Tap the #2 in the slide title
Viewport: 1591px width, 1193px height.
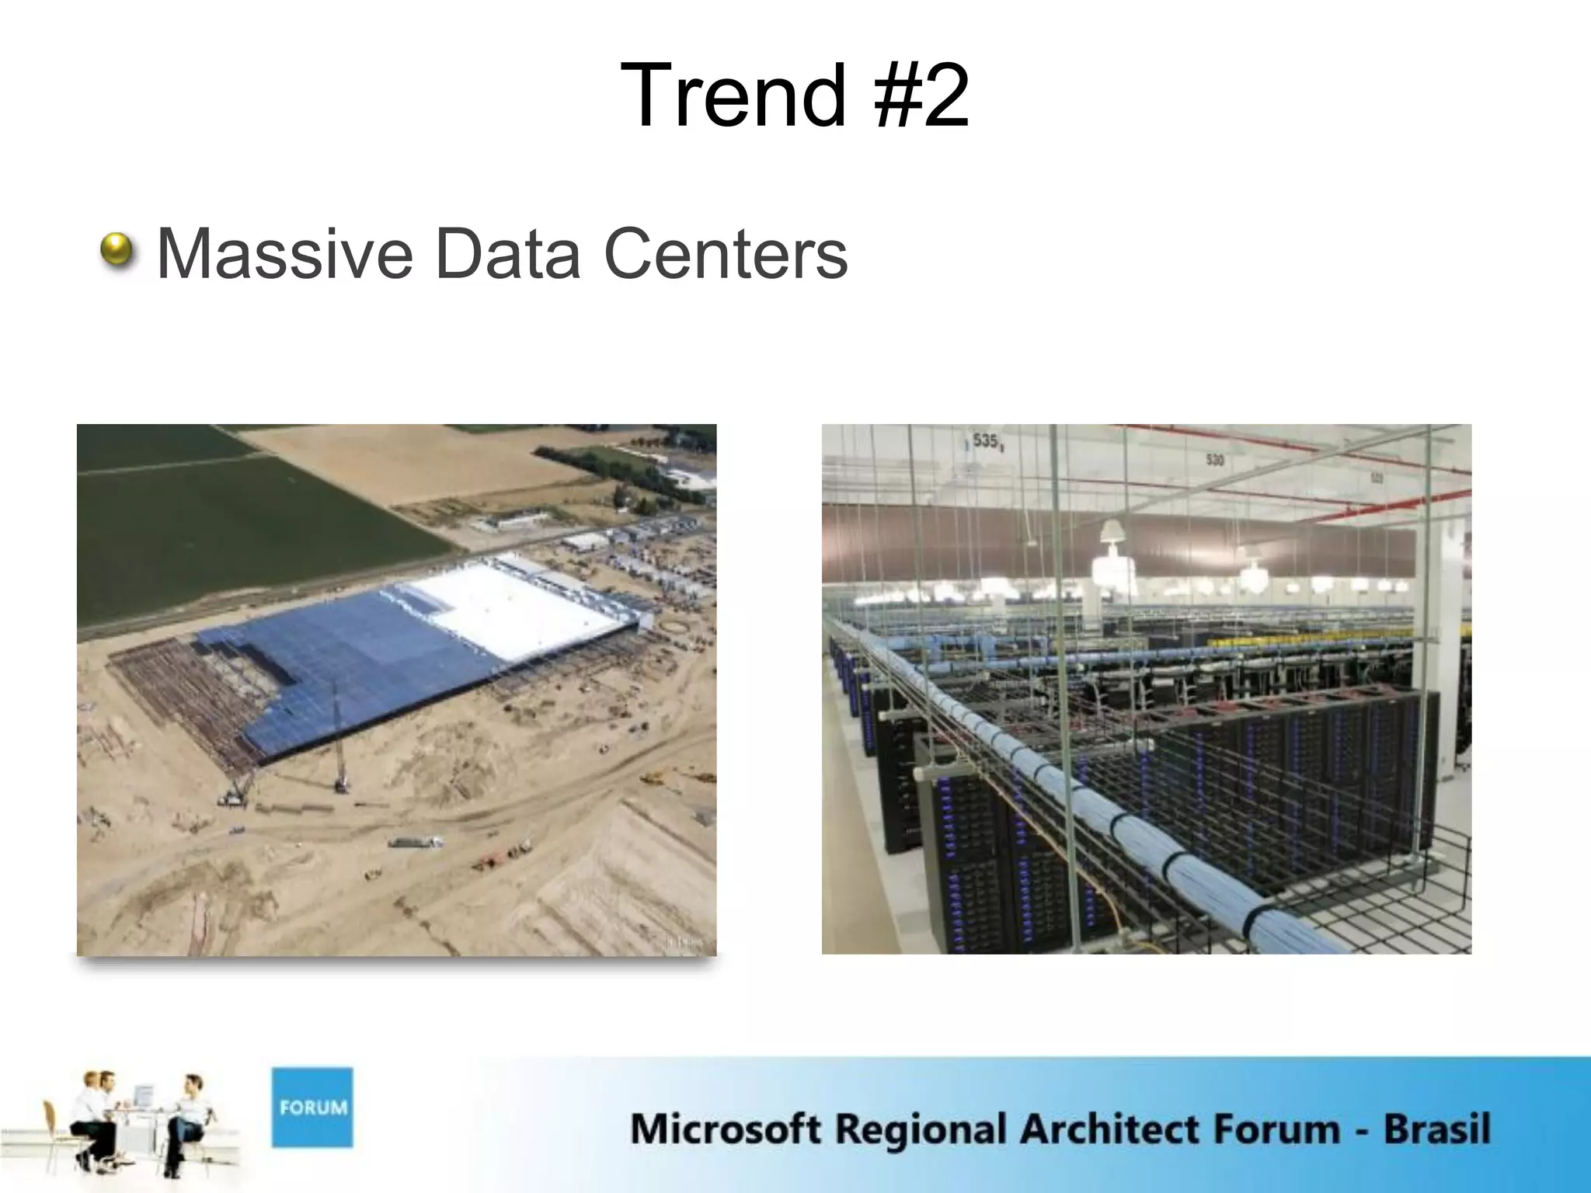click(921, 96)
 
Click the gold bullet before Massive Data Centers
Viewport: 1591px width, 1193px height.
click(117, 252)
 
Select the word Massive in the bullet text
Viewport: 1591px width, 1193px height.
click(284, 254)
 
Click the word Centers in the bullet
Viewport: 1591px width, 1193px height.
click(726, 254)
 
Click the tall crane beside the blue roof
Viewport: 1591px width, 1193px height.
click(339, 738)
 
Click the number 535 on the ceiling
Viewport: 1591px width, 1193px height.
click(984, 441)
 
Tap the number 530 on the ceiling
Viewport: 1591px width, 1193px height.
click(1215, 461)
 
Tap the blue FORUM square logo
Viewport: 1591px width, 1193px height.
click(312, 1107)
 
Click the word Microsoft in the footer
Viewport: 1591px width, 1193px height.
click(724, 1129)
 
